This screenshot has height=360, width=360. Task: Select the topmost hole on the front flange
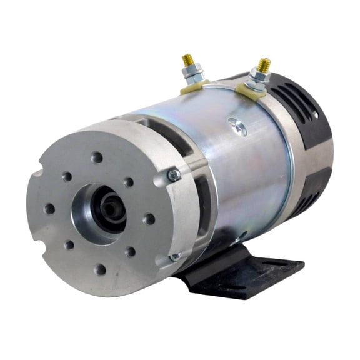click(96, 156)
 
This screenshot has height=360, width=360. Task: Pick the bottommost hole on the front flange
click(100, 269)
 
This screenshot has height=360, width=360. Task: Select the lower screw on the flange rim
click(176, 256)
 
